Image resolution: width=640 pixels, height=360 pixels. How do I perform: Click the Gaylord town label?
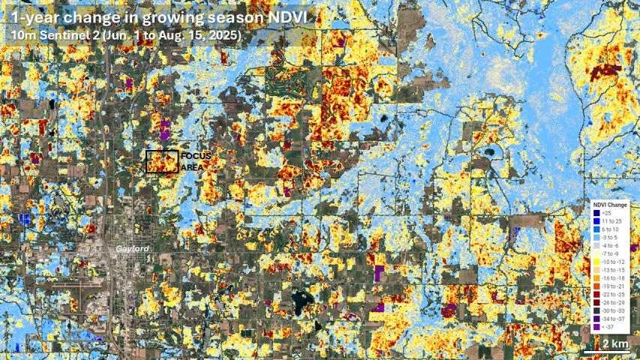[x=133, y=248]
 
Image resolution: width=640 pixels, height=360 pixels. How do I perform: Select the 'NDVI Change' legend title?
[x=610, y=205]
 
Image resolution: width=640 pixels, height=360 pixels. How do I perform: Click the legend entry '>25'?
[x=606, y=214]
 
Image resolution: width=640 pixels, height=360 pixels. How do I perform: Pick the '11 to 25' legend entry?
[x=611, y=221]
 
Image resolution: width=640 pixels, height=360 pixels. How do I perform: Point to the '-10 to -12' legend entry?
[x=613, y=261]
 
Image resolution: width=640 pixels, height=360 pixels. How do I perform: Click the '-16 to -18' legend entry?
[x=613, y=277]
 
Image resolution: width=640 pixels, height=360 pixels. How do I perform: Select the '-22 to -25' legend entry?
[x=613, y=294]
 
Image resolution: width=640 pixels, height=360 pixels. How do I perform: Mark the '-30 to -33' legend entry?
[x=613, y=310]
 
